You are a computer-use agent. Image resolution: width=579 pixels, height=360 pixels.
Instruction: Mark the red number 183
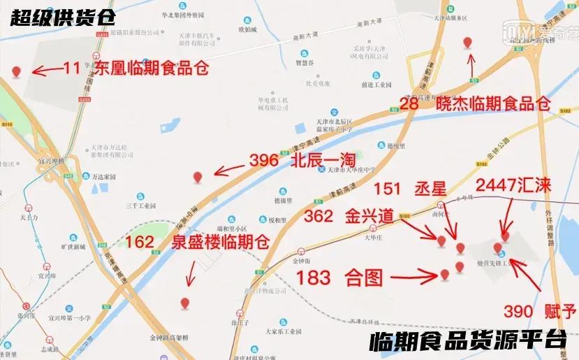[x=314, y=277]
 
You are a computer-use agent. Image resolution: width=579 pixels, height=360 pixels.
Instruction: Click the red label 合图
[x=365, y=278]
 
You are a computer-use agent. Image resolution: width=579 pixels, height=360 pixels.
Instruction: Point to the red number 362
[x=318, y=216]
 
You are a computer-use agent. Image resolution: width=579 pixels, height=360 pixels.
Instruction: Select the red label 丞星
[x=430, y=188]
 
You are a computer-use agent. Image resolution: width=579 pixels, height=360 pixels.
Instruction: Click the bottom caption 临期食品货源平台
[x=467, y=340]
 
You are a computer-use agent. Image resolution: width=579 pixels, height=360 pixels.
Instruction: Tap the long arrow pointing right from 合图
[x=413, y=277]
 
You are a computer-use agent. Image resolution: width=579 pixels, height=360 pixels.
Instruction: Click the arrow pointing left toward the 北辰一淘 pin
[x=228, y=168]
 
